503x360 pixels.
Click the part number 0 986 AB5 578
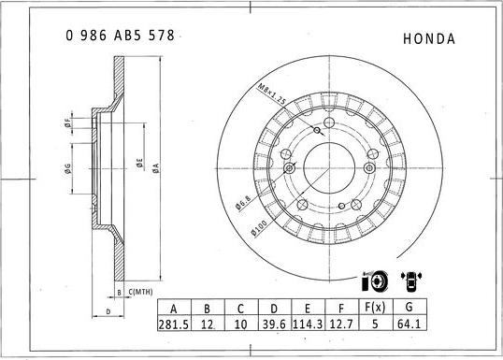pyautogui.click(x=119, y=36)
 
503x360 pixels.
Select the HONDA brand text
pyautogui.click(x=428, y=39)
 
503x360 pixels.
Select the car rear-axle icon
pyautogui.click(x=411, y=281)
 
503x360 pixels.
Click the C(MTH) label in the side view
pyautogui.click(x=140, y=293)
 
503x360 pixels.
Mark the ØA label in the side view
pyautogui.click(x=156, y=166)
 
